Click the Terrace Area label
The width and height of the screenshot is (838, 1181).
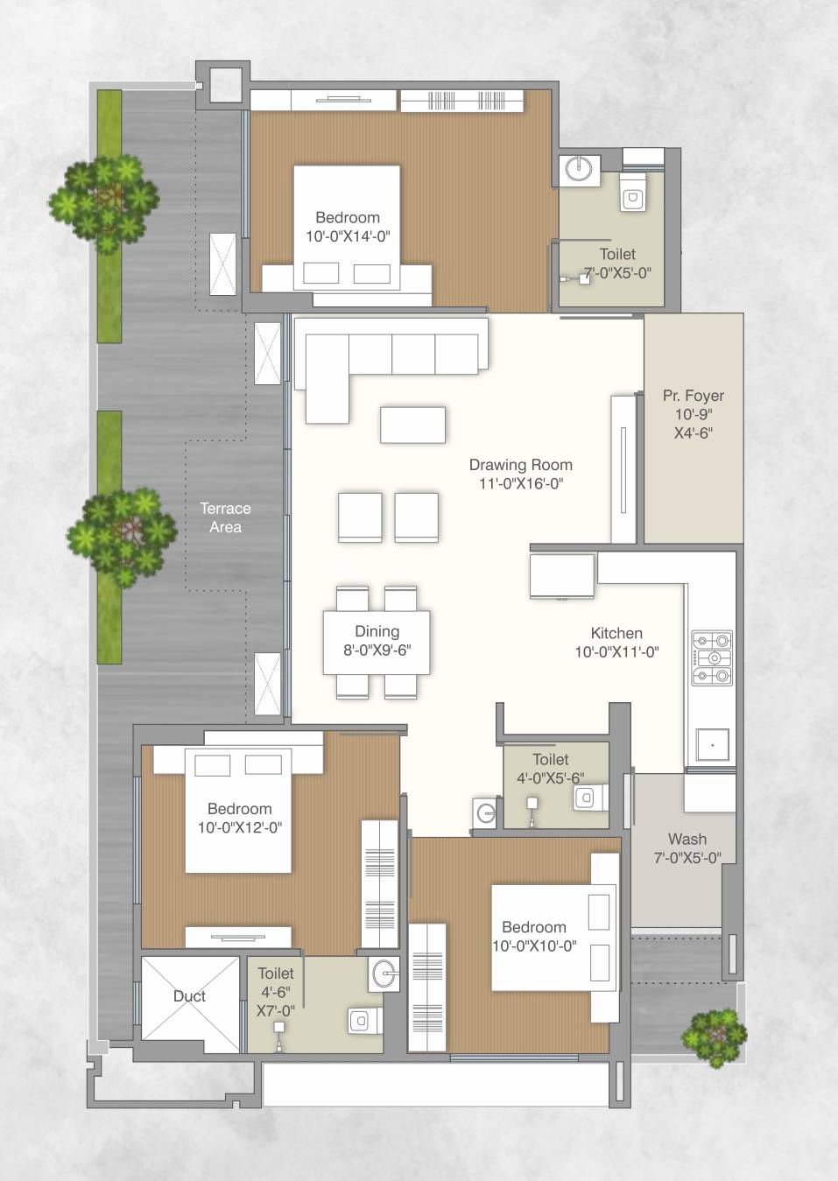point(225,517)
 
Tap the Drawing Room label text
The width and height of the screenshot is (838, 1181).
point(520,465)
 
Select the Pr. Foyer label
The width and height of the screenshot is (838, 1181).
point(693,396)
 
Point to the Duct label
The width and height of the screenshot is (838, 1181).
point(189,996)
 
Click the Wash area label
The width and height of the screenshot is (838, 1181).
point(687,839)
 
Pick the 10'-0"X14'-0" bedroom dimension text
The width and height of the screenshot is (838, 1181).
point(348,236)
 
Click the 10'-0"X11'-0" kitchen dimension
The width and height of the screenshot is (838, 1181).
point(616,652)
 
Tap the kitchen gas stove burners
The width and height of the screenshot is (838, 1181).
point(712,657)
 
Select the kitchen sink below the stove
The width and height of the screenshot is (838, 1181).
point(713,745)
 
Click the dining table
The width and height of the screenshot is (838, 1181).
point(377,643)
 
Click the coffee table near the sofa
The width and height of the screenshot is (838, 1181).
point(412,425)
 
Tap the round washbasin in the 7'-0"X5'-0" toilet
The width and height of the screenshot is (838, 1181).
point(577,169)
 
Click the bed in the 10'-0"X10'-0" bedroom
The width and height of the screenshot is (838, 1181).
point(552,937)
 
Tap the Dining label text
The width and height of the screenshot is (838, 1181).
point(377,631)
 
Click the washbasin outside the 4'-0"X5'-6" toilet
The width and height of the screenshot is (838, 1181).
point(486,812)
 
